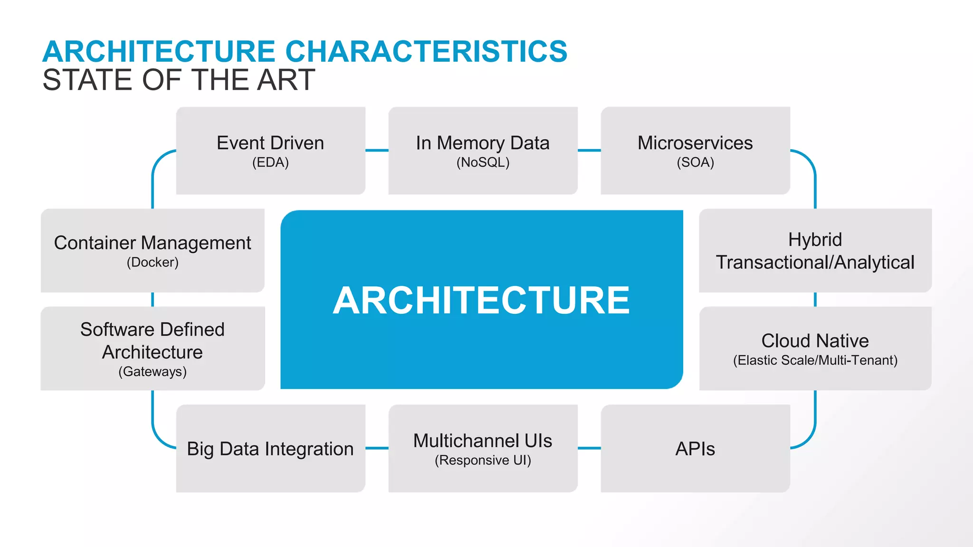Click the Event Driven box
click(x=270, y=151)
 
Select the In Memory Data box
click(x=483, y=151)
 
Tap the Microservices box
click(x=695, y=151)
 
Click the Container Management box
click(x=153, y=250)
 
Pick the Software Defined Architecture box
click(x=153, y=348)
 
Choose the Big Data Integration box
click(x=270, y=448)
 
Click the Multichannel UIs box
click(x=483, y=448)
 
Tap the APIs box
click(x=695, y=448)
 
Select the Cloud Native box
click(x=815, y=348)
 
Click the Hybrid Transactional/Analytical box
click(x=815, y=250)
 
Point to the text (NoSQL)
click(x=483, y=162)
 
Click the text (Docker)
click(x=153, y=262)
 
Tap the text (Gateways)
click(x=153, y=371)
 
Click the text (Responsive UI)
click(x=483, y=460)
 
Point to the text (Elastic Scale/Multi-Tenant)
click(x=815, y=360)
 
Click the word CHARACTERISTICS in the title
click(x=426, y=51)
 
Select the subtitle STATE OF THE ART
click(x=179, y=80)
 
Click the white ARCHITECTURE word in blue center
click(x=481, y=300)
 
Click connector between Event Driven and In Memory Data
click(x=377, y=151)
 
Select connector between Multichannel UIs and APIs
click(x=589, y=448)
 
